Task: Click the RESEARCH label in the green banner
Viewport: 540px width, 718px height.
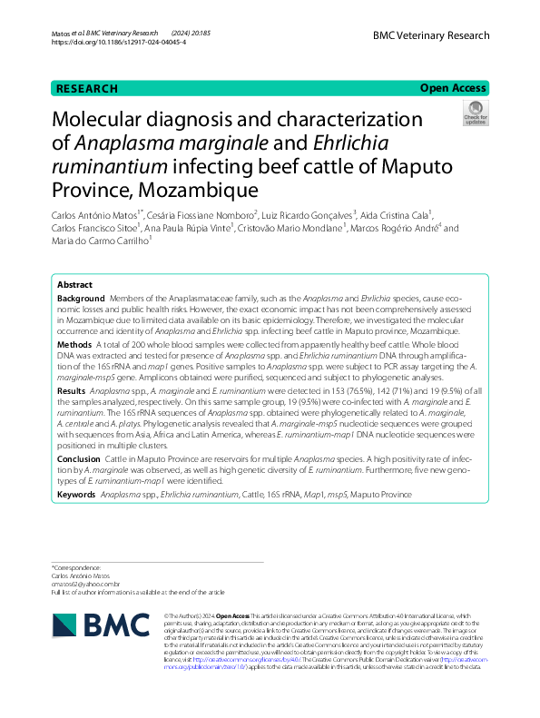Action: coord(86,89)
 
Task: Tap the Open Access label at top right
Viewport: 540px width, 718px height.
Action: coord(453,88)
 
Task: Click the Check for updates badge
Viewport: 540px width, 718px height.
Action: coord(475,113)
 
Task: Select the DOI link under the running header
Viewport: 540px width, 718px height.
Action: coord(118,42)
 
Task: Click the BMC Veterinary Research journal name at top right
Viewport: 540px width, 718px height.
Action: coord(430,35)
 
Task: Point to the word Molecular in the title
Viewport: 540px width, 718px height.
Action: coord(99,121)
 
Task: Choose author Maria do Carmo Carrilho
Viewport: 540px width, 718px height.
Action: coord(99,241)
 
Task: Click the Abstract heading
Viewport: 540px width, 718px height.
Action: coord(75,284)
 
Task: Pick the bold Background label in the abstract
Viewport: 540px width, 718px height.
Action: coord(81,299)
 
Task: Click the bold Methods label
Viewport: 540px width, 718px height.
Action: coord(74,345)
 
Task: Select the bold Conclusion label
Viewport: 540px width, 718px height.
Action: coord(79,459)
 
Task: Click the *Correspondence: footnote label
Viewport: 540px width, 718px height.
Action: coord(77,566)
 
